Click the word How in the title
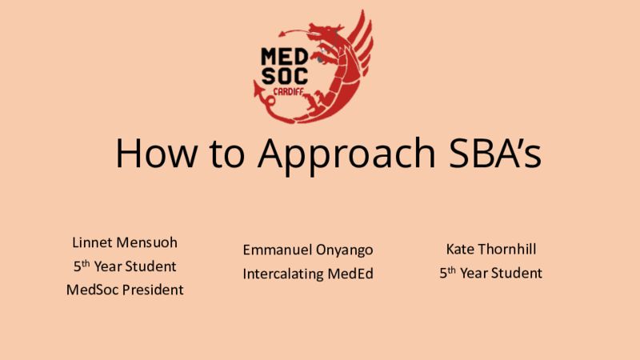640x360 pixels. point(156,153)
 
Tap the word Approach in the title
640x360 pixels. point(346,155)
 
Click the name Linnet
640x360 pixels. point(92,242)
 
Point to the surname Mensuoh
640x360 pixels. point(147,242)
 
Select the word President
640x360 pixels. point(153,290)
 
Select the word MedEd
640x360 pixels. point(350,273)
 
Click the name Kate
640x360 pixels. point(459,249)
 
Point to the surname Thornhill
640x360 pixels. point(507,249)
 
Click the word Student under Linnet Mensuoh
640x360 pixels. point(150,266)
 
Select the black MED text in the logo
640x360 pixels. point(285,56)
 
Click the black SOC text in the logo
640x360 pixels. point(285,76)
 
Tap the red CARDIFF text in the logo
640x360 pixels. point(288,92)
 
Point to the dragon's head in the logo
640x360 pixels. point(325,32)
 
